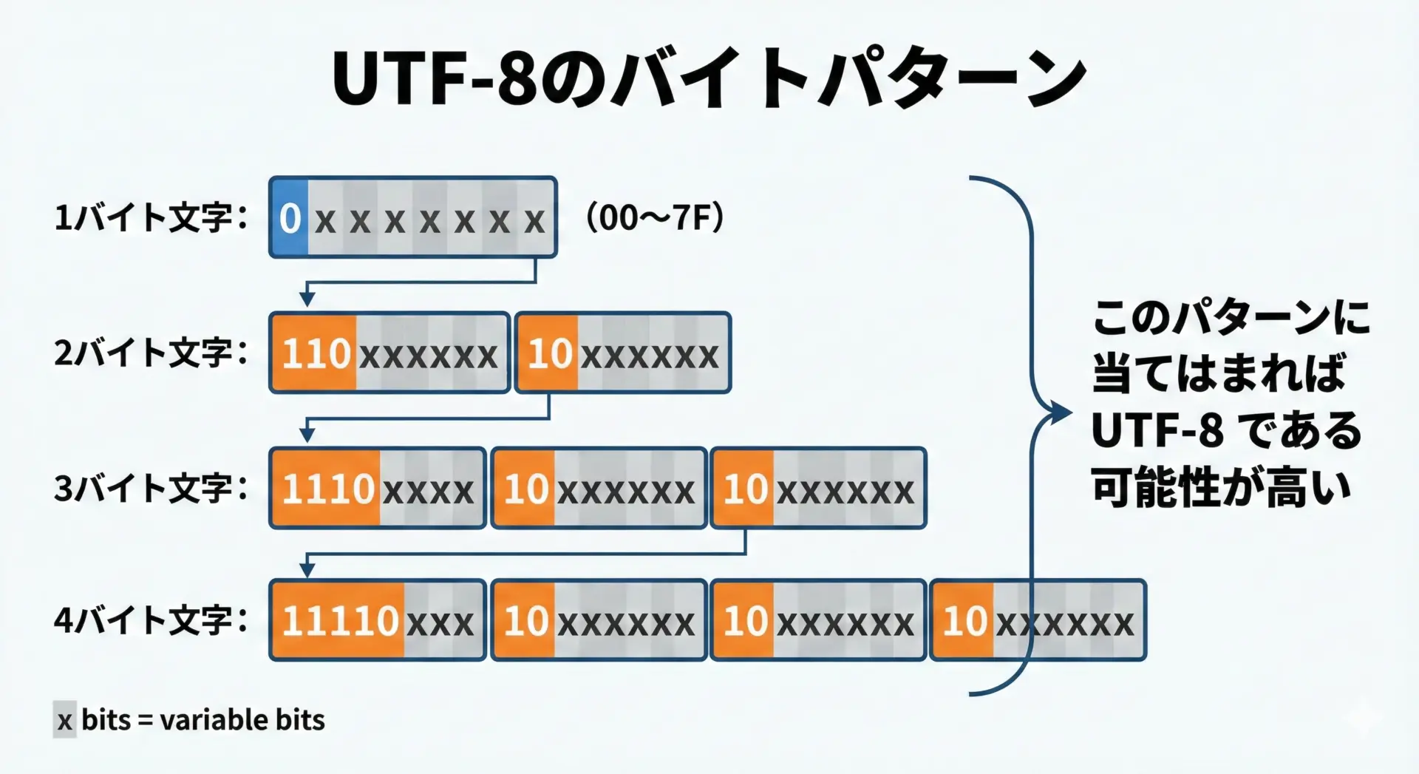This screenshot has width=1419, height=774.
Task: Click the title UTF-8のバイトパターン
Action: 709,78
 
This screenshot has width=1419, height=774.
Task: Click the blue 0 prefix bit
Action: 290,218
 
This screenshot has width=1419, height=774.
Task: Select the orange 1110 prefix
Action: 327,489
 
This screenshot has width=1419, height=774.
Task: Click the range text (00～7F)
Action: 655,218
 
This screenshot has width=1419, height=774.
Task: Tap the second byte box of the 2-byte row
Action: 623,353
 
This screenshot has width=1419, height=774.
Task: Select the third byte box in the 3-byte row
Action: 818,489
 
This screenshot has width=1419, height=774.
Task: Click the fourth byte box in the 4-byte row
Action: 1038,620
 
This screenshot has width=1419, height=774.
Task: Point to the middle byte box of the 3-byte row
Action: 599,489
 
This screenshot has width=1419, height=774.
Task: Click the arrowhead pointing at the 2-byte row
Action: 307,299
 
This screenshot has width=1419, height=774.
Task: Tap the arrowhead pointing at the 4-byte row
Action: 307,568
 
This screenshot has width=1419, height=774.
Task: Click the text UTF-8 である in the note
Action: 1225,430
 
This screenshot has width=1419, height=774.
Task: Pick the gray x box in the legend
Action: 65,720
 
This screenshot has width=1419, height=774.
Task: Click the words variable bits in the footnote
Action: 242,720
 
